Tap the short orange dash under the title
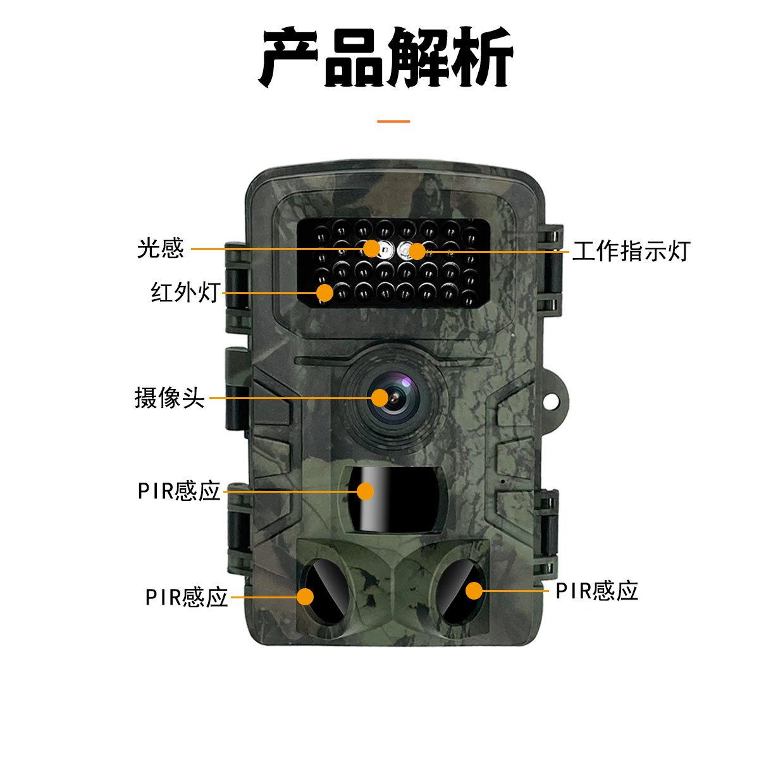(393, 120)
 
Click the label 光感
(161, 249)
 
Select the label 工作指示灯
(630, 251)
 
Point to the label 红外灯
(185, 292)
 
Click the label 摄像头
(170, 398)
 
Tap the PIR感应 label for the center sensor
(179, 491)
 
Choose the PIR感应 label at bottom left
(186, 597)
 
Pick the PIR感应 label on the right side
(596, 591)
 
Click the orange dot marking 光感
(372, 248)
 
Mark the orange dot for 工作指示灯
(416, 251)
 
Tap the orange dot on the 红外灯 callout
(325, 292)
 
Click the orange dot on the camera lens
(379, 398)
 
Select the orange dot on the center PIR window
(366, 491)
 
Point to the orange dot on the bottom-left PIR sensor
(305, 596)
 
